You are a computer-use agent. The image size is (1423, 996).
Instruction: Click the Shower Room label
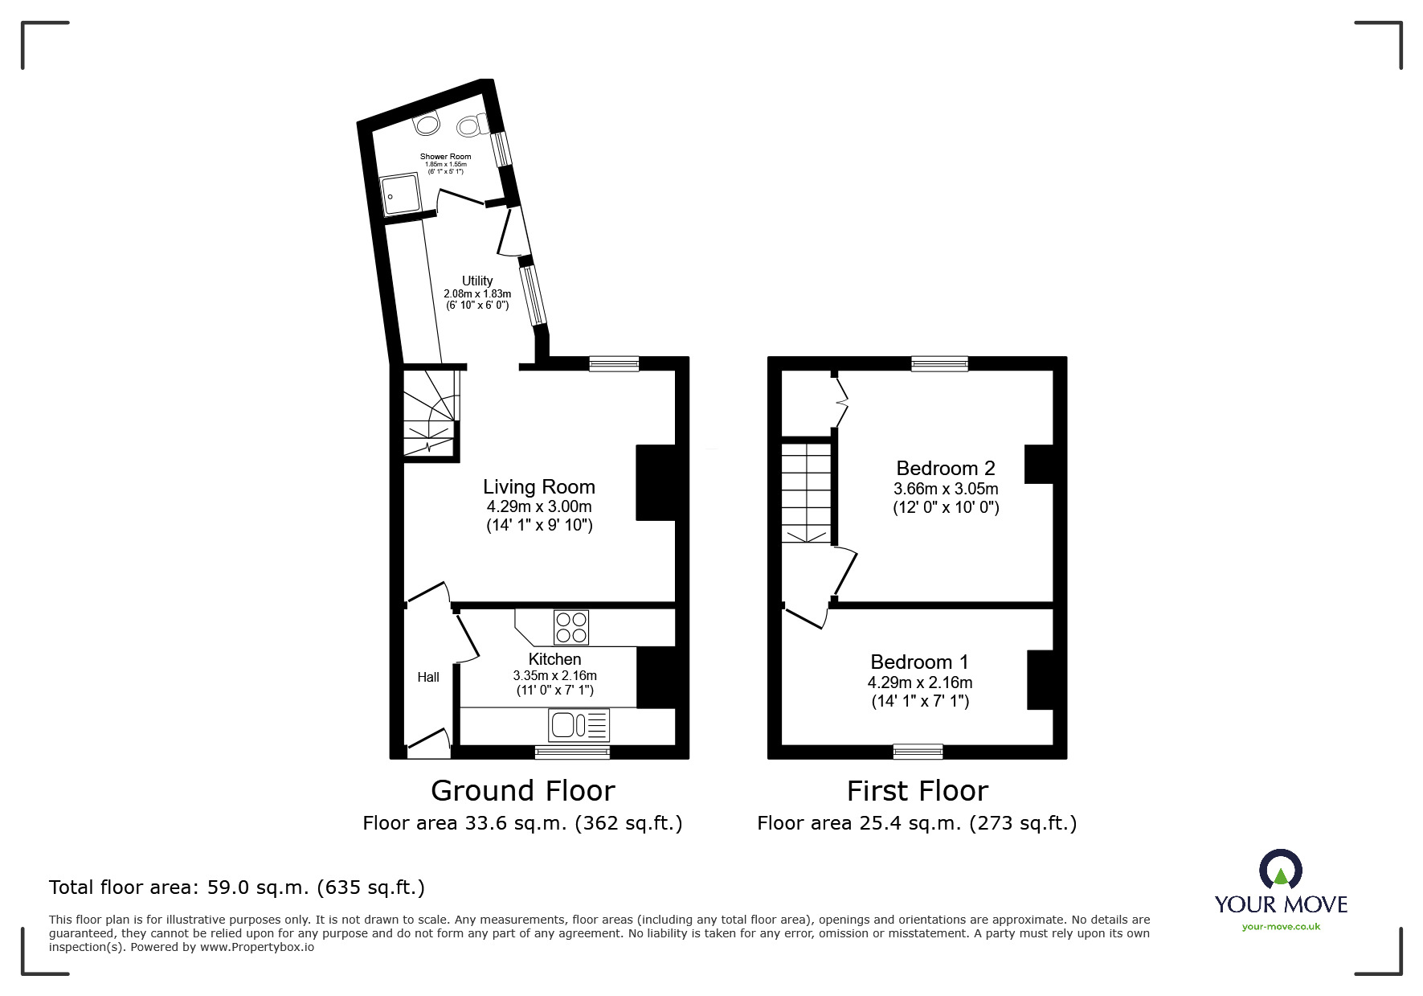445,157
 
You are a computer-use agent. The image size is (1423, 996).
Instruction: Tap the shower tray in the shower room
400,196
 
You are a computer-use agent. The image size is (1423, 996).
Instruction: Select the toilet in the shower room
472,125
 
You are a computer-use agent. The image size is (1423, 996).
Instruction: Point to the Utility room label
477,281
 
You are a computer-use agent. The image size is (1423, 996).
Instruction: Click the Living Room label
539,486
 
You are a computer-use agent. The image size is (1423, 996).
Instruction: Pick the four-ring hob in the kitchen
571,627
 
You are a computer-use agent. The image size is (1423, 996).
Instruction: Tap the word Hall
428,677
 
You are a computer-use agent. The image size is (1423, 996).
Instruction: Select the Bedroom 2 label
946,468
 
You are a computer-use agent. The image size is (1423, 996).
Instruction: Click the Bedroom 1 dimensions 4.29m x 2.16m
920,682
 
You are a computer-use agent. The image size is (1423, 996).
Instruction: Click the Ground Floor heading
523,791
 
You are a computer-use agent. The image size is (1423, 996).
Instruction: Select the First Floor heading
917,791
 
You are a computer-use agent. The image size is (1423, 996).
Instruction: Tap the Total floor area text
237,887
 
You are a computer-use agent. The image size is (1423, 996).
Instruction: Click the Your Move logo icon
1280,870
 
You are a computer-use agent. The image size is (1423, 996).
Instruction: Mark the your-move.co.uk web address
1281,927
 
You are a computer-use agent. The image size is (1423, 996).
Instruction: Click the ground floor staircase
430,414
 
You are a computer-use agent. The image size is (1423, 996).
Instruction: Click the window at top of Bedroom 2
939,364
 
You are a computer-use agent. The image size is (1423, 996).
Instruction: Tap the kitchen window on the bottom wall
572,752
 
